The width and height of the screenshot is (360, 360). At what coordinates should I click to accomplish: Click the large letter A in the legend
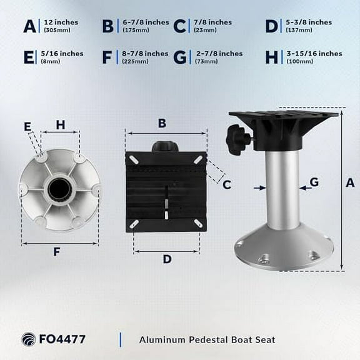click(29, 26)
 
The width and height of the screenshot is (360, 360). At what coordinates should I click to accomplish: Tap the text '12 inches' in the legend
click(62, 22)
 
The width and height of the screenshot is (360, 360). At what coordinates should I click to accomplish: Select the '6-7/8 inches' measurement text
click(144, 22)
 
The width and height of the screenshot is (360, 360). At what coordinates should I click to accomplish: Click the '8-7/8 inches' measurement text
click(144, 54)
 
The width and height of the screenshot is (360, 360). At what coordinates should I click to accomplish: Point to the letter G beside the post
click(314, 182)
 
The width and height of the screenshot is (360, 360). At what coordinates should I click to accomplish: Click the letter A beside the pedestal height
click(350, 182)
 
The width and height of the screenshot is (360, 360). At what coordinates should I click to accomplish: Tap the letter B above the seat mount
click(162, 123)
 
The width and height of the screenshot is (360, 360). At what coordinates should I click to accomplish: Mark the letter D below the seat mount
click(166, 259)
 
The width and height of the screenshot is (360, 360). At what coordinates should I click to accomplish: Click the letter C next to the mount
click(227, 184)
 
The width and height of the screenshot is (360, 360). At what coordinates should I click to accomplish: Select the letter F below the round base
click(57, 252)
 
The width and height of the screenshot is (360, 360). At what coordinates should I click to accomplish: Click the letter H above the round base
click(61, 124)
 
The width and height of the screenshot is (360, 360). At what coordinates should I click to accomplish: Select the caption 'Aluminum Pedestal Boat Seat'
click(189, 340)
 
